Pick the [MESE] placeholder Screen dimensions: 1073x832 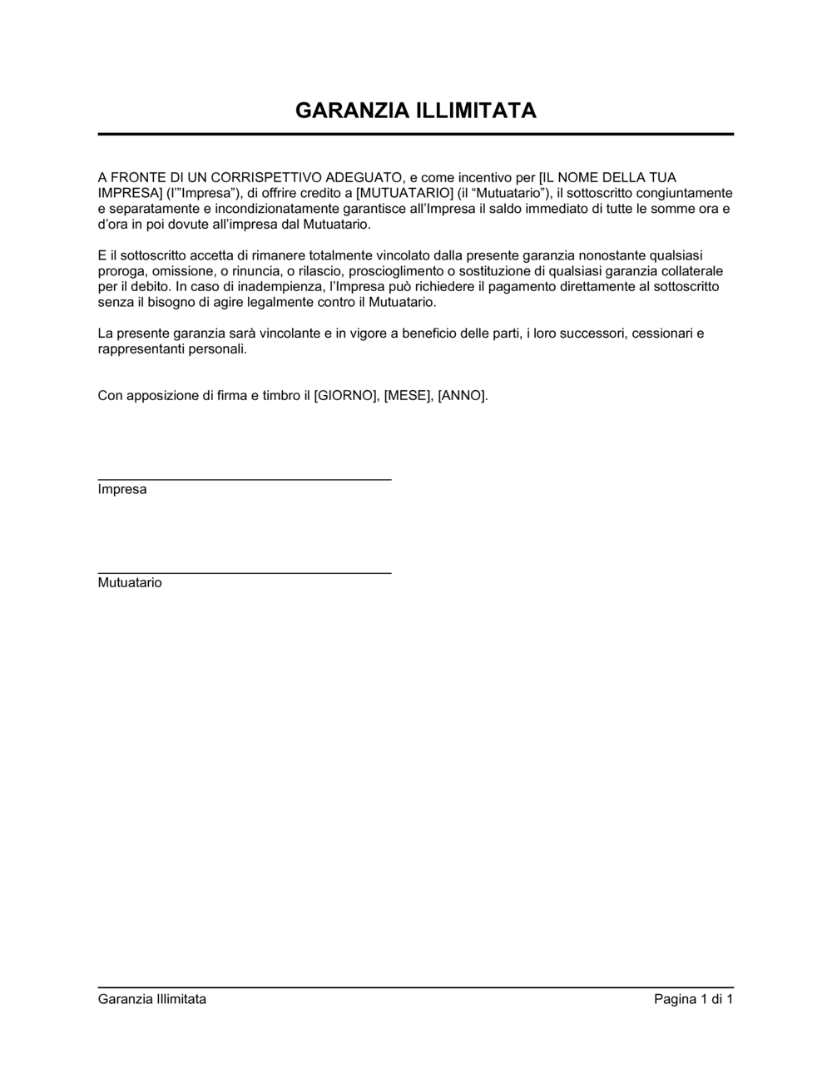407,396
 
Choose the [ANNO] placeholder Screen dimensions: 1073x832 462,396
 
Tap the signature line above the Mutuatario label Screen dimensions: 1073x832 245,573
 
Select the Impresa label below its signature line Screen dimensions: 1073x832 122,490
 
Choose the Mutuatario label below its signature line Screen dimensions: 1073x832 130,583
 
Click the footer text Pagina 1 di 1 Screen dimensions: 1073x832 693,1000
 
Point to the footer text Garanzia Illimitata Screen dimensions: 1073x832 152,1000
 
